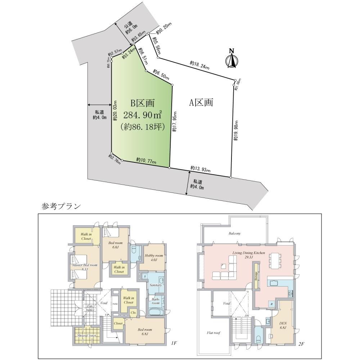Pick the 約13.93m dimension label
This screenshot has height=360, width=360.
[201, 168]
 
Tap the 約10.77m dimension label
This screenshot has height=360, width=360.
[146, 160]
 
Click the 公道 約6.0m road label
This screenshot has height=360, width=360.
[130, 28]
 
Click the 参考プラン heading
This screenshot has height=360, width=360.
[61, 206]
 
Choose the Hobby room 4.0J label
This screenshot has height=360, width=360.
[154, 258]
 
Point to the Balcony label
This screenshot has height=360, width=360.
[234, 233]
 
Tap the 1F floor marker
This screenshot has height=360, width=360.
[174, 343]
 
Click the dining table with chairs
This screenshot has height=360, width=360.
[275, 261]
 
